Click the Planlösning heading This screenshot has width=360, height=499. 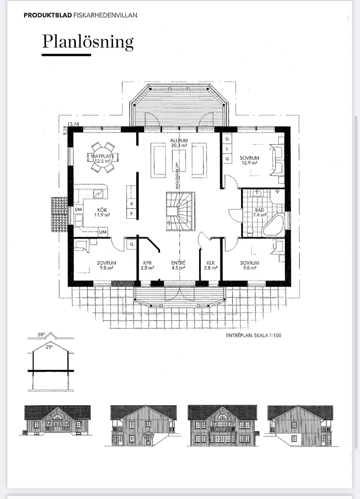tap(88, 42)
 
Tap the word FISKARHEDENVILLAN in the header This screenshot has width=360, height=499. tap(105, 15)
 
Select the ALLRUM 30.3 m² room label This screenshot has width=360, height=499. tap(179, 143)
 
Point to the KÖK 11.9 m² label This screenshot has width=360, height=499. tap(102, 212)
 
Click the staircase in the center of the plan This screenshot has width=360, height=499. tap(180, 211)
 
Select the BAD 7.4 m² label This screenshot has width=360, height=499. tap(259, 212)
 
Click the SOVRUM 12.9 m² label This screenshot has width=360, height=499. tap(250, 160)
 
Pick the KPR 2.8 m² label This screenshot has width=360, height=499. tap(147, 265)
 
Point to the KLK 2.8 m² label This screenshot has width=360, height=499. tap(211, 265)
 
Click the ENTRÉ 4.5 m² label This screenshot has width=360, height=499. tap(178, 265)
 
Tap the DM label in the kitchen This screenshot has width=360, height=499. tap(78, 209)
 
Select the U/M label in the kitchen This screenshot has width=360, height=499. tap(103, 232)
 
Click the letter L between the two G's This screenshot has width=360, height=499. tap(227, 149)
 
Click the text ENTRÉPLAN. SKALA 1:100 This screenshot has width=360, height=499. tap(254, 335)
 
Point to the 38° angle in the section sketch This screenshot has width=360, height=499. tap(41, 335)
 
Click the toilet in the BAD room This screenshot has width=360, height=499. tap(250, 230)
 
